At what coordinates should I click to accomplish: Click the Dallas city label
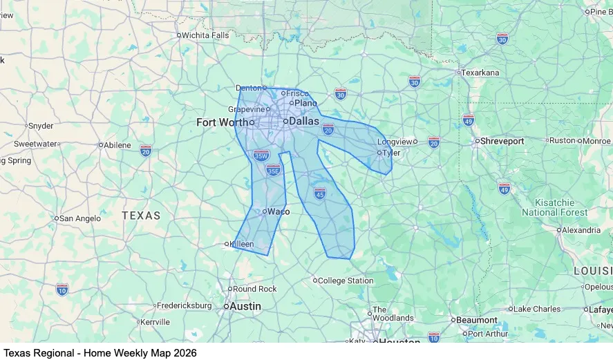pos(303,121)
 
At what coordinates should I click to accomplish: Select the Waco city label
pos(278,211)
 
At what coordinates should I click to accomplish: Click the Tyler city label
pos(390,153)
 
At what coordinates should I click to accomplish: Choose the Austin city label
pos(245,306)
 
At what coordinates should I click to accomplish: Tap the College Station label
pos(345,281)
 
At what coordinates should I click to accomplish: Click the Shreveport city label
pos(502,141)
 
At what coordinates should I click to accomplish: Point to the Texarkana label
pos(480,73)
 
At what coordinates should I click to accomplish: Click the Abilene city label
pos(117,145)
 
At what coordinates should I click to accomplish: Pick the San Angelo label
pos(80,218)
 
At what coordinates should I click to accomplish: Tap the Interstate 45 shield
pos(319,193)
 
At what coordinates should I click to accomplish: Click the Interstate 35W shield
pos(261,156)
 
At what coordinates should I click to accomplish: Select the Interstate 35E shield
pos(274,169)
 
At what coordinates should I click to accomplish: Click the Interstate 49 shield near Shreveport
pos(504,189)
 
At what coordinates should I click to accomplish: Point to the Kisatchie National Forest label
pos(554,207)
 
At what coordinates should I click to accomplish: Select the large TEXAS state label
pos(141,216)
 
